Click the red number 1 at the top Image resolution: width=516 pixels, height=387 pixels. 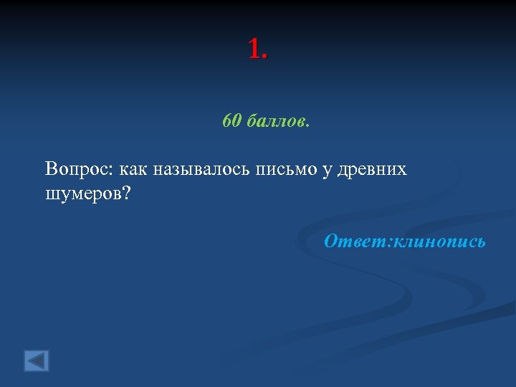[x=254, y=49]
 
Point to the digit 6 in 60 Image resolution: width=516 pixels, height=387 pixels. [x=227, y=121]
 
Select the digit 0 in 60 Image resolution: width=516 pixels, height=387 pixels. [x=236, y=121]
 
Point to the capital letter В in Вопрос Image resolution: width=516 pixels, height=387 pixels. [x=50, y=169]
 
